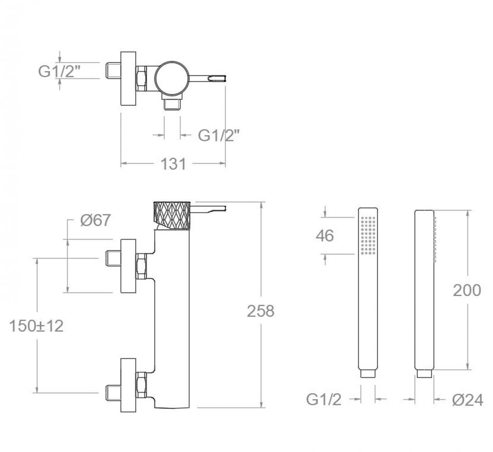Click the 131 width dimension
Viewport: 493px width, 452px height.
(x=173, y=164)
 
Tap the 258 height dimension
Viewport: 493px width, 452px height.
(x=261, y=311)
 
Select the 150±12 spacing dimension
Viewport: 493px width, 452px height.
(x=37, y=326)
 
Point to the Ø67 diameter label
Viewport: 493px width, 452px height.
(x=95, y=220)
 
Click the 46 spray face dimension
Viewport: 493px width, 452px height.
(x=325, y=235)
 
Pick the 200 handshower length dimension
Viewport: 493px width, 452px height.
(x=467, y=290)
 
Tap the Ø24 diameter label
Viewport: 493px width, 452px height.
(x=468, y=400)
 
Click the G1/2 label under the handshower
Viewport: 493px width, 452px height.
(x=324, y=400)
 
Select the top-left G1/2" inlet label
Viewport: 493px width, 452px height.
(x=59, y=71)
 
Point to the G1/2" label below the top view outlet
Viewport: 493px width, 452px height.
(x=219, y=136)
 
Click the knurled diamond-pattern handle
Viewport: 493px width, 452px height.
(x=172, y=216)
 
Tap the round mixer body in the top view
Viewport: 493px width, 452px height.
(x=172, y=78)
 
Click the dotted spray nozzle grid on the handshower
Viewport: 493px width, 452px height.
(x=368, y=235)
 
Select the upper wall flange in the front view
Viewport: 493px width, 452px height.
(x=128, y=266)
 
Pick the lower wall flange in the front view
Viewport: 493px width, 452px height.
(x=128, y=385)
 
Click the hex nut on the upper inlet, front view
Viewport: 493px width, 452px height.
(x=142, y=266)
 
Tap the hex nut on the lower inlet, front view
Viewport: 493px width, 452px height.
(x=142, y=385)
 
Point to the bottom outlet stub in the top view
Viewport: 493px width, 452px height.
(x=172, y=104)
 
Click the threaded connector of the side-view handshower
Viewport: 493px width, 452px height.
(x=424, y=374)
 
